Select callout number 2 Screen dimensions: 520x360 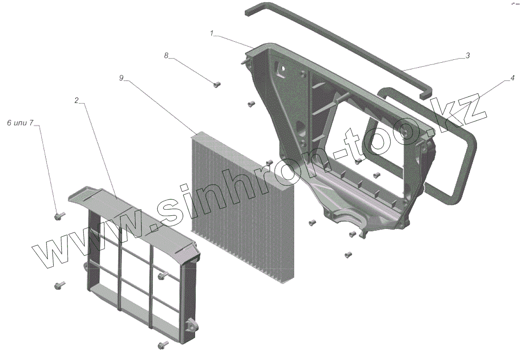click(76, 101)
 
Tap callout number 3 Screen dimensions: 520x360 click(468, 55)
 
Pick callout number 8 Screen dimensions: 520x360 click(166, 55)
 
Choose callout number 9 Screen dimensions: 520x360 click(122, 78)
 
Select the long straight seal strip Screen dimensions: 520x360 click(335, 47)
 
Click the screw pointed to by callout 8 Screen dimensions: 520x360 click(217, 84)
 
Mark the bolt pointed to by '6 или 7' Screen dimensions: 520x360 click(59, 215)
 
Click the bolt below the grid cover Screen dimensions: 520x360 click(163, 344)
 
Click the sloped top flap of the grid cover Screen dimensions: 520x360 click(129, 211)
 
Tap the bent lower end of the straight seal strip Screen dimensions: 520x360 click(425, 92)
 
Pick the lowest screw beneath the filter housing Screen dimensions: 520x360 click(348, 255)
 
